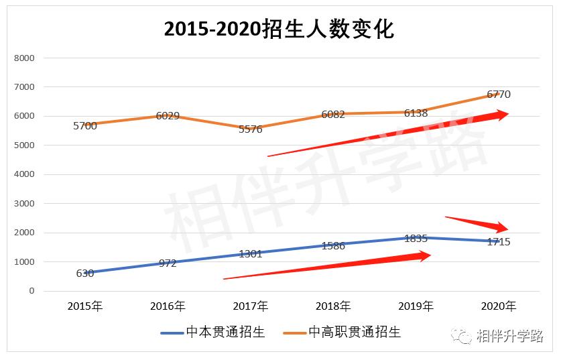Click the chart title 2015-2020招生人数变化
point(279,30)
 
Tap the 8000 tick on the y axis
point(24,58)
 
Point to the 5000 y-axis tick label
point(24,145)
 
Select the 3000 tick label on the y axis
point(24,204)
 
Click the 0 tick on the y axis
point(31,291)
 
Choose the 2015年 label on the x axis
point(85,306)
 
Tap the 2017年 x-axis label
point(251,306)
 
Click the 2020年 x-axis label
point(499,306)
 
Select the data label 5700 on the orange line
point(85,126)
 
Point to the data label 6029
point(168,116)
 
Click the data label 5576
point(251,129)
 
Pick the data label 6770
point(499,95)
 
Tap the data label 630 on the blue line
point(85,274)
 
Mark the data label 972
point(168,263)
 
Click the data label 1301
point(251,254)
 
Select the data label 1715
point(499,242)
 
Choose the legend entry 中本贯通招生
point(212,333)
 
